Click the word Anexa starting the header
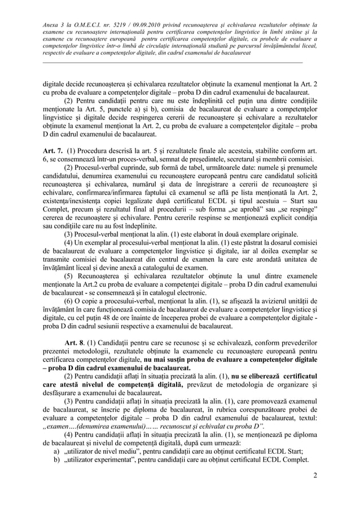(x=54, y=25)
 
